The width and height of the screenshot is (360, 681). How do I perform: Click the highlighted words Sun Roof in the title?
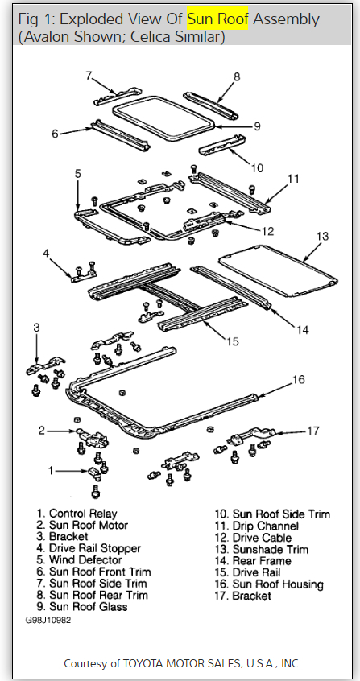217,19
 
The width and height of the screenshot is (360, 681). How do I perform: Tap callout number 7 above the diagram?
89,76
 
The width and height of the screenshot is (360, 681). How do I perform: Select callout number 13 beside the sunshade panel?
323,237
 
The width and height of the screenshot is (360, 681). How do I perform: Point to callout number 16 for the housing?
298,379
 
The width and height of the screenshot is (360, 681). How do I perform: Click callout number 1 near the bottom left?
52,470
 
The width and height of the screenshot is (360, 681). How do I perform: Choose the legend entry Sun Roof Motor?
83,525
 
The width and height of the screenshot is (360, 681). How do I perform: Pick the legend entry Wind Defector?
80,559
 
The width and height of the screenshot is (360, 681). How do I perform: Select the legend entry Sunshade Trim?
262,550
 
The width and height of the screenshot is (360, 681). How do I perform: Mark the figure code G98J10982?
48,620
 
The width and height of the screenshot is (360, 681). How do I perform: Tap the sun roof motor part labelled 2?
93,438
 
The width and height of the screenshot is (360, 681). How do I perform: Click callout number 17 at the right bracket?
313,431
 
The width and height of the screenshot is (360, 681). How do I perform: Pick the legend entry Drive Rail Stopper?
89,548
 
